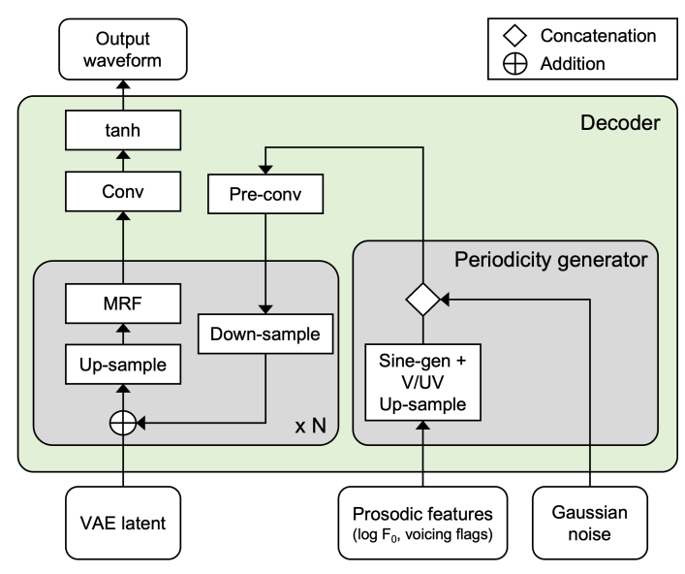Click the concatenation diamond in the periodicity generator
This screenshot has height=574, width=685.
423,300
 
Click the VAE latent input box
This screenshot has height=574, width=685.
124,523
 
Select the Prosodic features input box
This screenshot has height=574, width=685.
423,522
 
